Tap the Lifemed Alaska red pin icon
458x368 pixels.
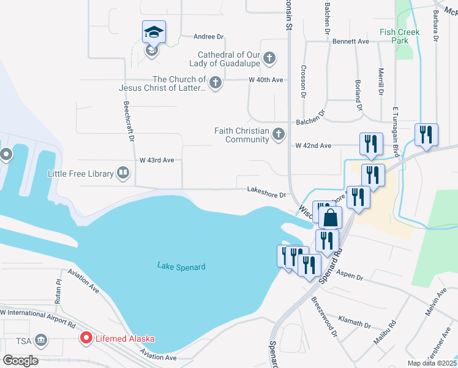click(x=86, y=338)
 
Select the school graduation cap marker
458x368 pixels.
click(x=154, y=33)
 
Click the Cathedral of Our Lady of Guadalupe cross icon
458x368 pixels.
click(x=269, y=59)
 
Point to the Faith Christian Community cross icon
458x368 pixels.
click(x=279, y=134)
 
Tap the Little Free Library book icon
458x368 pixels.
click(x=123, y=174)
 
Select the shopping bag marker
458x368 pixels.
click(x=330, y=218)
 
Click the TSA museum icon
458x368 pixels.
click(x=41, y=340)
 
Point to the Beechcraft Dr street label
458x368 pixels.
click(x=128, y=121)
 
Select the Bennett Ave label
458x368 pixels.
click(x=351, y=42)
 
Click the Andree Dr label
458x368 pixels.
click(x=210, y=37)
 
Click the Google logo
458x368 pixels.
click(x=20, y=361)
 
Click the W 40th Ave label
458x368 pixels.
click(x=265, y=80)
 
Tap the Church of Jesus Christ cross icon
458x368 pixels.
click(x=215, y=83)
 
